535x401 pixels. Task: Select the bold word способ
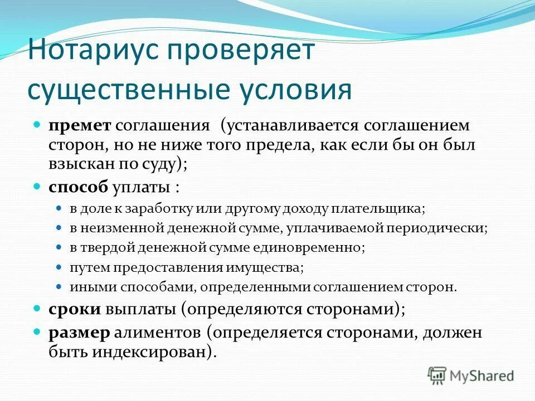[x=79, y=187]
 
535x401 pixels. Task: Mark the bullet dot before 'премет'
[x=37, y=125]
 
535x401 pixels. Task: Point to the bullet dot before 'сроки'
[x=37, y=308]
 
